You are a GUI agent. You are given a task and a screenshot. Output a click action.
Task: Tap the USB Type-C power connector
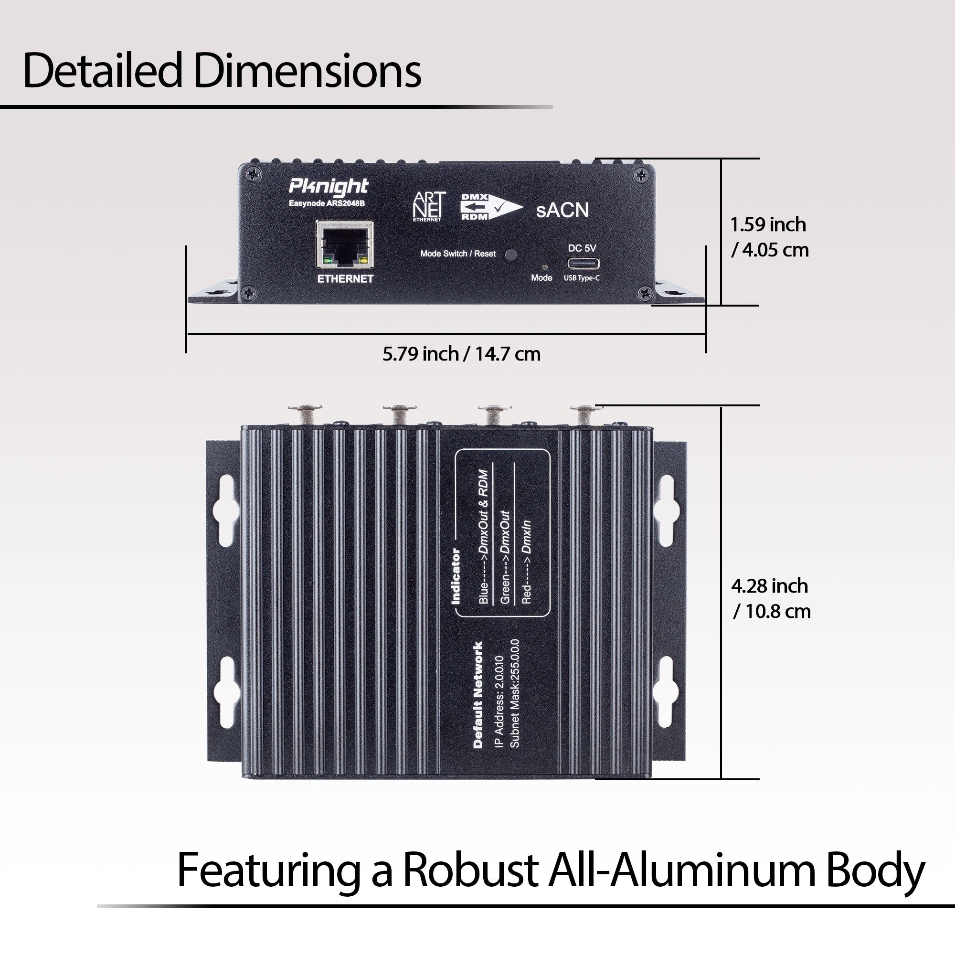point(584,263)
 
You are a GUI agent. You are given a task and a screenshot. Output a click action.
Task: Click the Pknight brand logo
point(328,186)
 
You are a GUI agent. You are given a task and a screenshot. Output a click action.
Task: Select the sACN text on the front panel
point(562,211)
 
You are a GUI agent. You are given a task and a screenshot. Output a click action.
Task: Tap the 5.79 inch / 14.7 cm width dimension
point(461,354)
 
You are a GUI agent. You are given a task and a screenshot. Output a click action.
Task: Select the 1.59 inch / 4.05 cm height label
point(770,237)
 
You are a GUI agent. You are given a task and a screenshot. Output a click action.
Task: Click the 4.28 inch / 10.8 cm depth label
point(771,599)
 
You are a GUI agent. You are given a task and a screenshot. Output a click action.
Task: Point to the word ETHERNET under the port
point(345,279)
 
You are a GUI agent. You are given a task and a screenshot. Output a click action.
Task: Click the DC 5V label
point(582,248)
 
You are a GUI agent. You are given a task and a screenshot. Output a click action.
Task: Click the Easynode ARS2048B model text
point(327,203)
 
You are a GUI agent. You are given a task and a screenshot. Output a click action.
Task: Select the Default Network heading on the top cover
point(478,694)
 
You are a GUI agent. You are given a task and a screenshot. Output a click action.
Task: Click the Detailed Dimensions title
point(222,71)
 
